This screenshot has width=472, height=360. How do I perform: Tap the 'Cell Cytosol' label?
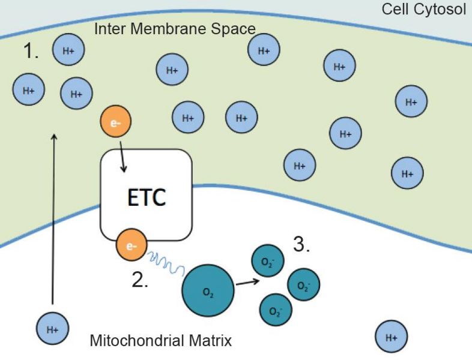click(423, 10)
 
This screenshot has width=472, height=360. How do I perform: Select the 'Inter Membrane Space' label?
click(175, 29)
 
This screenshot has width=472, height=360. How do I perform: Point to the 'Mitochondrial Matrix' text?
click(160, 341)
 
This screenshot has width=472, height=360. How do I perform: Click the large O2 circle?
click(207, 292)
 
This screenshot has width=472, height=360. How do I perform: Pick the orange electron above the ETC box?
click(115, 123)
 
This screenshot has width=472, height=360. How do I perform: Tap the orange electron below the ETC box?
click(131, 245)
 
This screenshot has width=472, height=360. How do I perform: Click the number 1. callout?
click(31, 52)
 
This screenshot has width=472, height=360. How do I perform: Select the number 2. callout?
click(140, 280)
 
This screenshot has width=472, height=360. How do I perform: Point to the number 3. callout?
click(301, 245)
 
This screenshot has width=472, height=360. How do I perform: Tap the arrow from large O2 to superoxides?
click(247, 282)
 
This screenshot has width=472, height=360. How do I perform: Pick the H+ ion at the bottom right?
click(392, 338)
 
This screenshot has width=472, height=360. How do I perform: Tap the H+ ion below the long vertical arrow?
click(52, 329)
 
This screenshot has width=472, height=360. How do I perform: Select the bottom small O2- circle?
click(275, 311)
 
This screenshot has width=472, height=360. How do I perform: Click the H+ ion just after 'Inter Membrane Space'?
click(264, 51)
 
